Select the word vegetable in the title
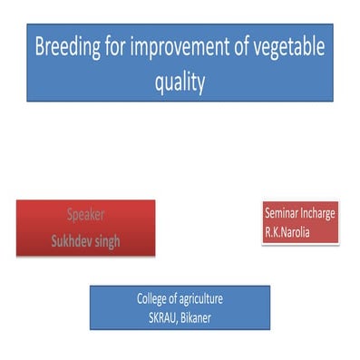tap(286, 48)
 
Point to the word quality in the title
tap(180, 82)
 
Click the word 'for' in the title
tap(121, 48)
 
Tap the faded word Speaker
tap(85, 216)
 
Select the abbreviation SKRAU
tap(166, 317)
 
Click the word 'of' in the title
tap(246, 48)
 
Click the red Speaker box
tap(85, 228)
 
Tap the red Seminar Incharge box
tap(299, 223)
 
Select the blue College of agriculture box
tap(180, 307)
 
